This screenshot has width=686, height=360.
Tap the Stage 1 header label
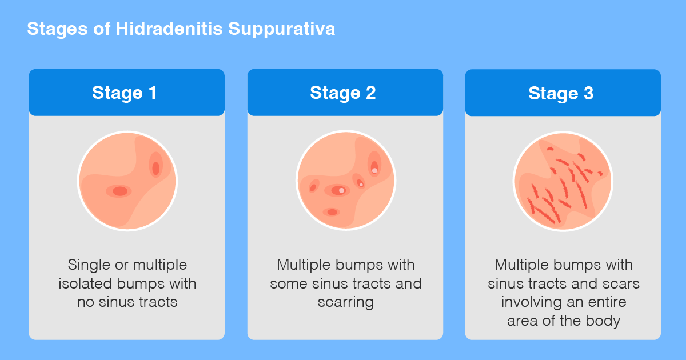coord(125,93)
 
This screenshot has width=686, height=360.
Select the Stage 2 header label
coord(343,93)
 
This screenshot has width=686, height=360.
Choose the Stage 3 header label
coord(561,93)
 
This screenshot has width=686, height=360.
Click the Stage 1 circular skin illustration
coord(127,181)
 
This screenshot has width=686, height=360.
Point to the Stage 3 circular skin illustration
coord(563,181)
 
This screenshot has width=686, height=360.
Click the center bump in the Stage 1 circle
coord(119,191)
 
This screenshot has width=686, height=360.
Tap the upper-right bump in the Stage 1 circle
coord(155,166)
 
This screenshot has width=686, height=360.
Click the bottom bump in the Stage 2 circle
coord(332,212)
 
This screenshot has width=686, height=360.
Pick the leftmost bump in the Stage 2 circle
coord(313,187)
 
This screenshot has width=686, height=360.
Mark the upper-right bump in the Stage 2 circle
coord(374,165)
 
